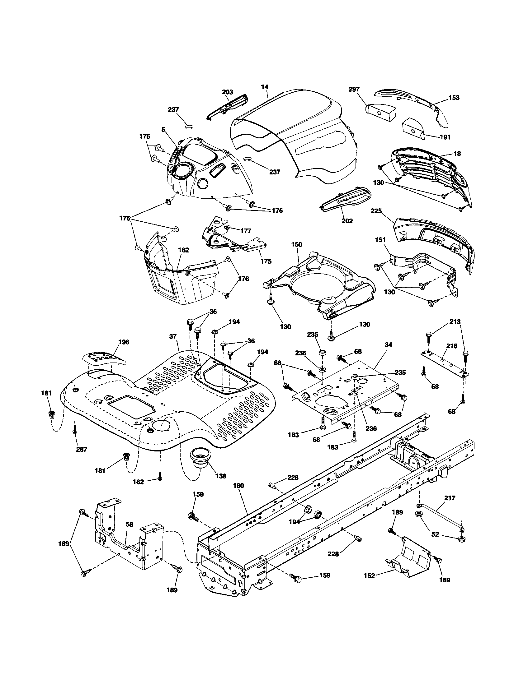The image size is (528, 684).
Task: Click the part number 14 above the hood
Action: tap(265, 87)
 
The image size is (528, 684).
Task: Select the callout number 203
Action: tap(227, 92)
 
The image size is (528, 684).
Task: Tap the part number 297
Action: tap(354, 89)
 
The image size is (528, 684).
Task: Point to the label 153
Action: tap(454, 97)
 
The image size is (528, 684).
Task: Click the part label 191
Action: tap(445, 137)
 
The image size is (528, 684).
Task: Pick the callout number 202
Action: tap(347, 221)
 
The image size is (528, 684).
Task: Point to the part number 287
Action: tap(81, 449)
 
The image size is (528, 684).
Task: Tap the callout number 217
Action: tap(450, 498)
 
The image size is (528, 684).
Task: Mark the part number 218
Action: tap(452, 346)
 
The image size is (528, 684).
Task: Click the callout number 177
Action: tap(246, 231)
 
